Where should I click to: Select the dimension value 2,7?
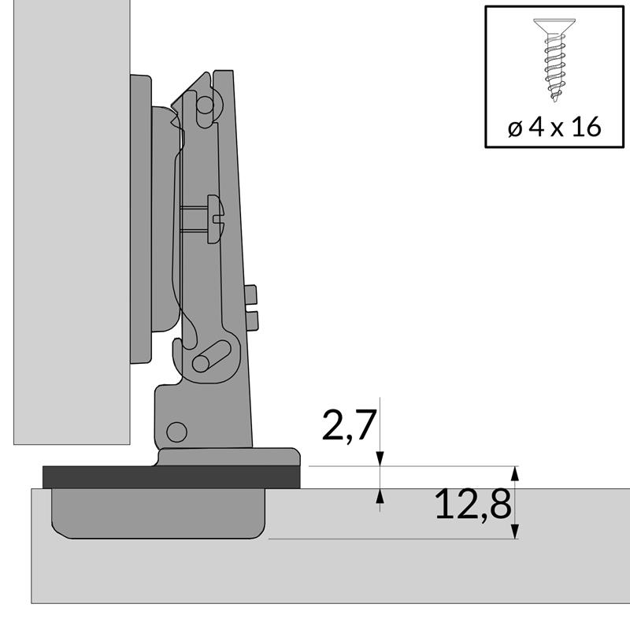click(348, 426)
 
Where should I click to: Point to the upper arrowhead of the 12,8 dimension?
click(516, 473)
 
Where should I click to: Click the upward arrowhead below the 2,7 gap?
click(380, 495)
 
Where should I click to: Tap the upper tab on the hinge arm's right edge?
click(252, 295)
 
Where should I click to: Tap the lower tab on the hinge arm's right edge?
click(253, 319)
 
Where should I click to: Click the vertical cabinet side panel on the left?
click(71, 220)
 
